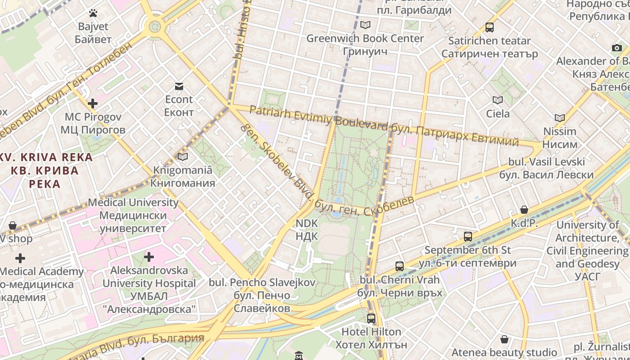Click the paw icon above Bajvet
pyautogui.click(x=93, y=13)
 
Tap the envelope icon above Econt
pyautogui.click(x=179, y=86)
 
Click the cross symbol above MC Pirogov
pyautogui.click(x=93, y=103)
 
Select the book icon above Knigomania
pyautogui.click(x=182, y=157)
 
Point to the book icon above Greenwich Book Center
pyautogui.click(x=365, y=25)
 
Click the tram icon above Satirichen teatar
pyautogui.click(x=490, y=27)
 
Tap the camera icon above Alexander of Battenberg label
pyautogui.click(x=616, y=47)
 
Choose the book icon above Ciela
pyautogui.click(x=497, y=100)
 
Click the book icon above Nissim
pyautogui.click(x=560, y=118)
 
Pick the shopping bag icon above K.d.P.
pyautogui.click(x=524, y=210)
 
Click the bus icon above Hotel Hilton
pyautogui.click(x=371, y=319)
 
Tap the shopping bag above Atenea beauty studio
pyautogui.click(x=504, y=339)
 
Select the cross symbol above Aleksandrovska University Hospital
pyautogui.click(x=149, y=257)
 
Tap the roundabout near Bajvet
pyautogui.click(x=155, y=26)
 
